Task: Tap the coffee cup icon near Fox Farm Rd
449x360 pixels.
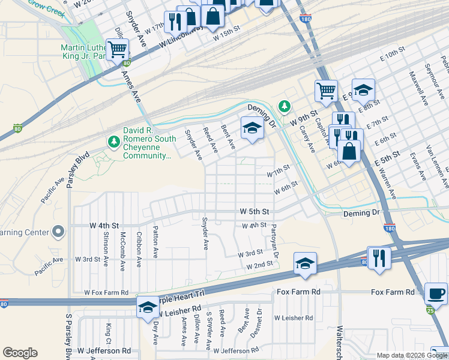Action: (436, 294)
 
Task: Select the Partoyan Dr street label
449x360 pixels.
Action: (274, 241)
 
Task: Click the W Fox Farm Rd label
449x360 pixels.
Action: (106, 292)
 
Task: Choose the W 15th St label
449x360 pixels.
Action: (226, 37)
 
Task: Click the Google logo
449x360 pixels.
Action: (20, 352)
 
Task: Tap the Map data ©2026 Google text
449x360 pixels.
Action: (411, 355)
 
